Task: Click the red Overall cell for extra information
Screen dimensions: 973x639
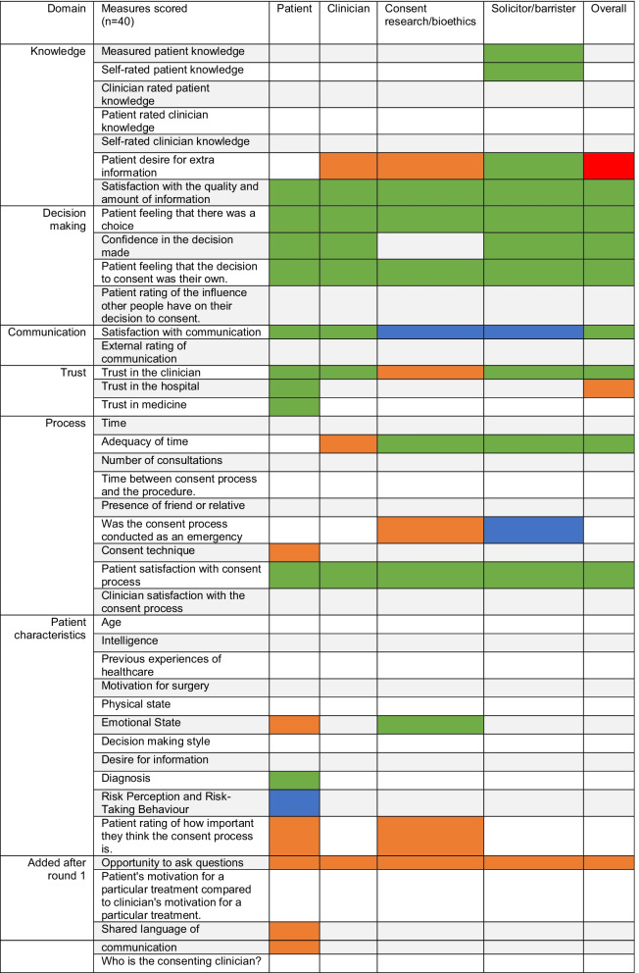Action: pyautogui.click(x=609, y=166)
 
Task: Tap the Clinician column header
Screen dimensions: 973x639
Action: pyautogui.click(x=348, y=9)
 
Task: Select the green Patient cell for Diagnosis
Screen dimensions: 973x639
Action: pyautogui.click(x=294, y=779)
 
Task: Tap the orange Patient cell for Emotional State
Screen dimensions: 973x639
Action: pyautogui.click(x=294, y=724)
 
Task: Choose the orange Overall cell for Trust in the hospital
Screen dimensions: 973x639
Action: pyautogui.click(x=609, y=387)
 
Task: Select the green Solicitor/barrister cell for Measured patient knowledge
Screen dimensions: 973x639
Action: pyautogui.click(x=533, y=51)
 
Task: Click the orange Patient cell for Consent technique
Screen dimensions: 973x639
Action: pyautogui.click(x=294, y=551)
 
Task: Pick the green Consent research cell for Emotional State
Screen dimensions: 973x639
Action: pyautogui.click(x=430, y=724)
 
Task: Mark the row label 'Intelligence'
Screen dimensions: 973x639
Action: pyautogui.click(x=130, y=640)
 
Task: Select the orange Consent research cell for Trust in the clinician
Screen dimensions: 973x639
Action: pyautogui.click(x=430, y=372)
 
